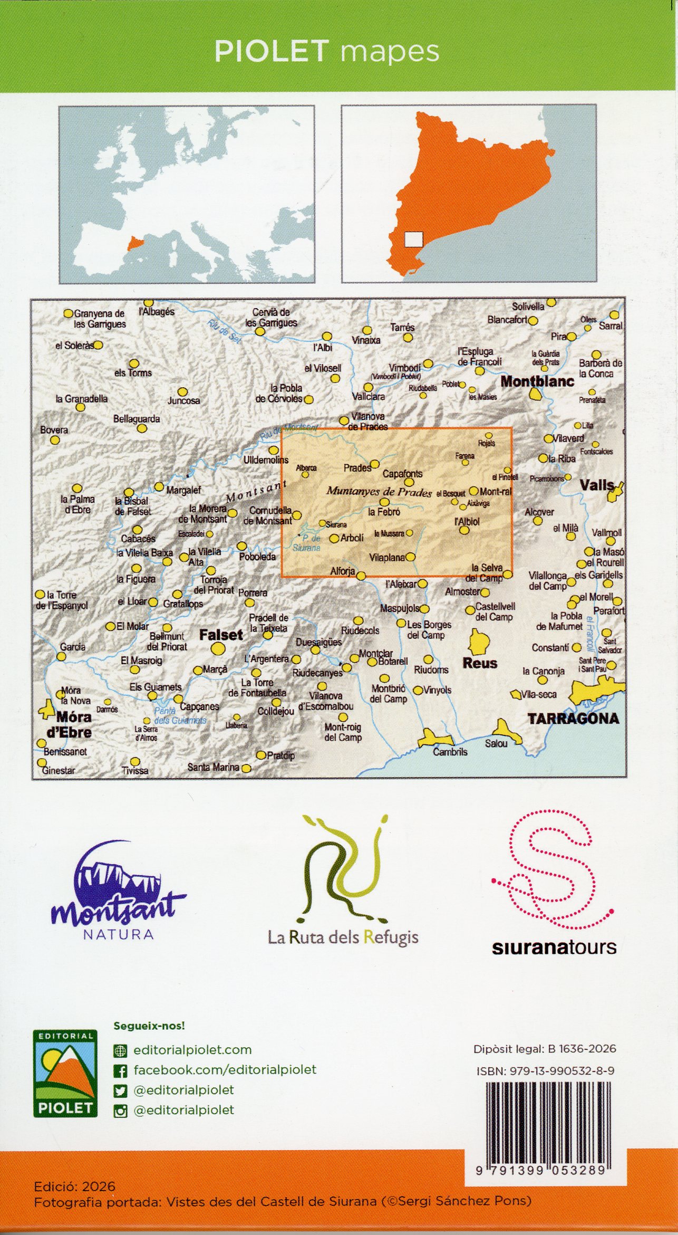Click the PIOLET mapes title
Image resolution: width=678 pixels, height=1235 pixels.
(326, 52)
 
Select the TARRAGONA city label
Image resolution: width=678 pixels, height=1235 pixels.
(573, 718)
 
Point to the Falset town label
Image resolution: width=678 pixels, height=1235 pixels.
(221, 635)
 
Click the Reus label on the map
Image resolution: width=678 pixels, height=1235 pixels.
(480, 663)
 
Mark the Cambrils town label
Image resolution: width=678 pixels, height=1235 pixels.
(450, 752)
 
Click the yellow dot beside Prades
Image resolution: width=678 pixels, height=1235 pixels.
(375, 464)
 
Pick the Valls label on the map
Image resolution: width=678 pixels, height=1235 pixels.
(597, 485)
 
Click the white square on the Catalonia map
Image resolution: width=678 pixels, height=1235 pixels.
(414, 240)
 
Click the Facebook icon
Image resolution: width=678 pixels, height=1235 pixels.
(121, 1070)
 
